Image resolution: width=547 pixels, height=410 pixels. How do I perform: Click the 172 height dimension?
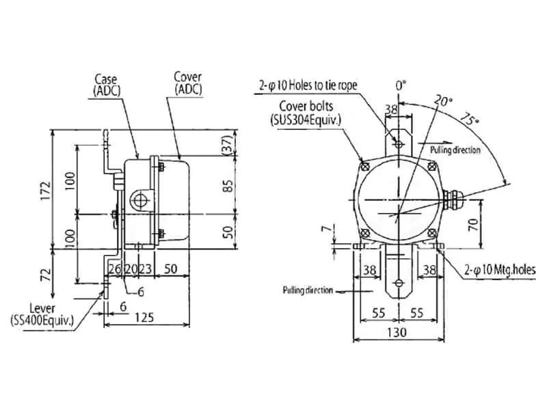click(46, 191)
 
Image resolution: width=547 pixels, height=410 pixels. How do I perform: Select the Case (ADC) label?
click(107, 85)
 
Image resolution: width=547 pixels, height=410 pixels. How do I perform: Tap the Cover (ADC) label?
click(188, 83)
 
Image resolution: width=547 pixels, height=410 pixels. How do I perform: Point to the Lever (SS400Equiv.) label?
click(42, 314)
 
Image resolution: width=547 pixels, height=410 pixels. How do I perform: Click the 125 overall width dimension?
click(144, 318)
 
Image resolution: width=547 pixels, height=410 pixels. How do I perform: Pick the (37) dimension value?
click(227, 145)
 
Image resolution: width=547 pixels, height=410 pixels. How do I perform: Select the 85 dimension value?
click(228, 185)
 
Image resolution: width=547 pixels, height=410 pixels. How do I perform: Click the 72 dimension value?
click(46, 275)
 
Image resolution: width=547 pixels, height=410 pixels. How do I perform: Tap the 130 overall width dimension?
click(397, 332)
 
